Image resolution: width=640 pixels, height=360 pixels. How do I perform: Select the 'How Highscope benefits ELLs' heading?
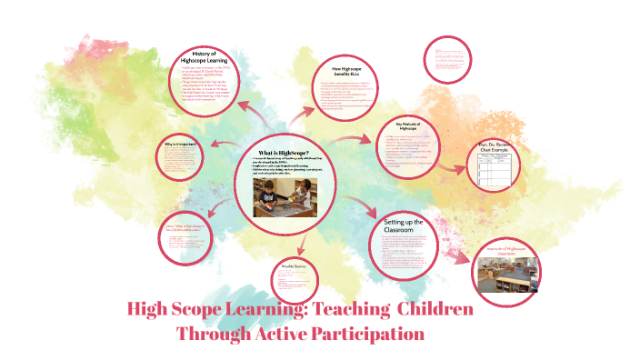point(346,74)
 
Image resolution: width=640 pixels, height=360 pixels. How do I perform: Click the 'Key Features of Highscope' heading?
point(410,127)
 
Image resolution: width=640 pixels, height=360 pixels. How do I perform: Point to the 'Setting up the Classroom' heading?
point(405,226)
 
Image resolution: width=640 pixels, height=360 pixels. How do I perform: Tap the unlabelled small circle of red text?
point(451,60)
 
